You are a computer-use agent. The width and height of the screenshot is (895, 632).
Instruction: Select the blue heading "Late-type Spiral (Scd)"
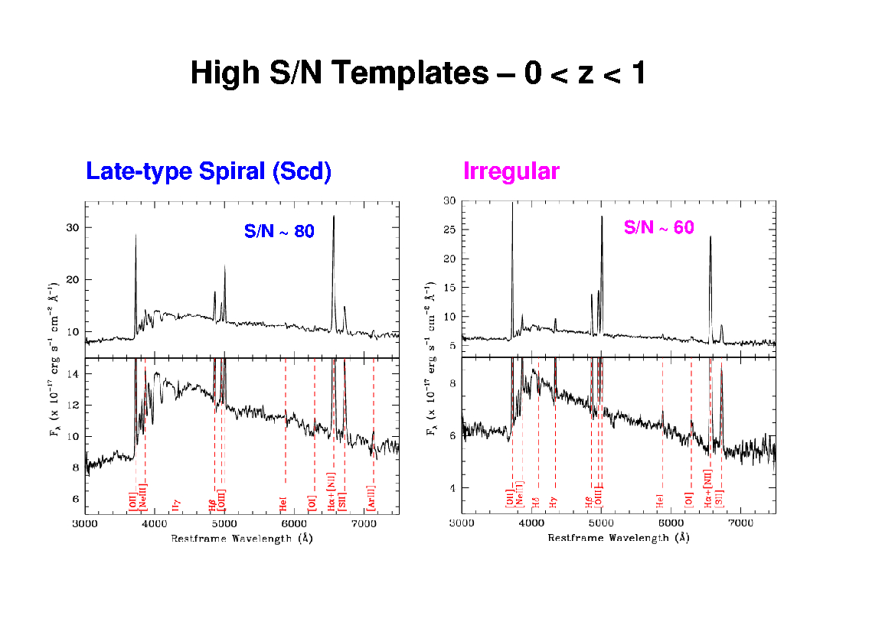pyautogui.click(x=208, y=171)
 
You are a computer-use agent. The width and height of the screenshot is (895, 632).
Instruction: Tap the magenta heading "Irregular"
pyautogui.click(x=511, y=171)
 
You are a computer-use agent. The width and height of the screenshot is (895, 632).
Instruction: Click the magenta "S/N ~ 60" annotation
pyautogui.click(x=658, y=227)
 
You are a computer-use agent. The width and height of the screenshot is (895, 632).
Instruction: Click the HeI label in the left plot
pyautogui.click(x=284, y=504)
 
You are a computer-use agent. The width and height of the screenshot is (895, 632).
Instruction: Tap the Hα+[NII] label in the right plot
pyautogui.click(x=709, y=494)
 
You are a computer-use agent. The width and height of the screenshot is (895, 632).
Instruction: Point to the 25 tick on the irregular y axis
pyautogui.click(x=450, y=230)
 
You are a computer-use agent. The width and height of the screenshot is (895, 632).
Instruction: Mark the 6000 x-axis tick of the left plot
pyautogui.click(x=294, y=524)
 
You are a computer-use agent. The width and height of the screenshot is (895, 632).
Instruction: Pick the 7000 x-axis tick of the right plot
pyautogui.click(x=740, y=524)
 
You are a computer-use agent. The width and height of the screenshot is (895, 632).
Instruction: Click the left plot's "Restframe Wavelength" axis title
pyautogui.click(x=241, y=538)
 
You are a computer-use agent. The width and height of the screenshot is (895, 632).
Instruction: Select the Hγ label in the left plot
pyautogui.click(x=177, y=505)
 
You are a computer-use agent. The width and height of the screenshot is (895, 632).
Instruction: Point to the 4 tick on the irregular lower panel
pyautogui.click(x=452, y=488)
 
